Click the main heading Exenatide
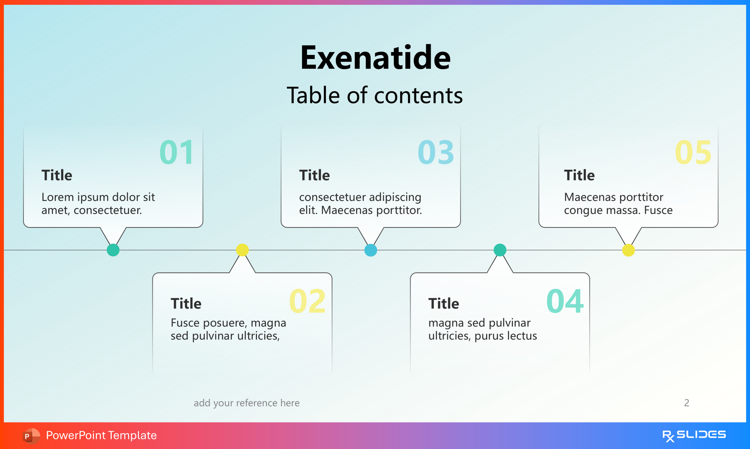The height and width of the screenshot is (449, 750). coord(375,57)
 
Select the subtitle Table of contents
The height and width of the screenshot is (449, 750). coord(375,95)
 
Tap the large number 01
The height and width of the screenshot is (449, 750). coord(177,152)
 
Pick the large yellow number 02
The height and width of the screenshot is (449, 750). coord(307,301)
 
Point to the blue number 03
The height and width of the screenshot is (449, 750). coord(436,152)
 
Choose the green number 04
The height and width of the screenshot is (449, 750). coord(565,301)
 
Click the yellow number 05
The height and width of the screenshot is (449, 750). coord(693,152)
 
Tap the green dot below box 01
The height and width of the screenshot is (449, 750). coord(113,250)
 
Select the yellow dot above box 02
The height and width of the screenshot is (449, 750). coord(242,250)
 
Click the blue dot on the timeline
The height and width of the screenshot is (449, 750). coord(371,250)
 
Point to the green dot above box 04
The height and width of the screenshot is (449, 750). coord(500,250)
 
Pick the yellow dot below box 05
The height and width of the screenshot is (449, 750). coord(628,250)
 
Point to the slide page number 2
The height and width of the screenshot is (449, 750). coord(687,403)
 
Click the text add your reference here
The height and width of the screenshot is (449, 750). coord(246,403)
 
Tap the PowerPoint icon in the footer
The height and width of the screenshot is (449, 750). coord(31,436)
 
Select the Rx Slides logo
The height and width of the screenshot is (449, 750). coord(694,436)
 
